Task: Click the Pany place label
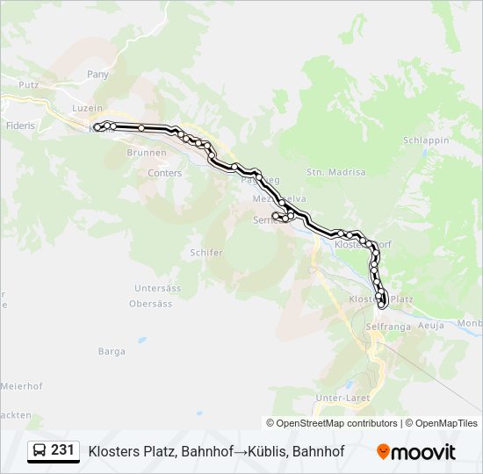tap(97, 75)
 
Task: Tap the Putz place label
tap(29, 85)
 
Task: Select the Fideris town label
tap(18, 126)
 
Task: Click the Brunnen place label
tap(146, 153)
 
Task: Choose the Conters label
tap(165, 173)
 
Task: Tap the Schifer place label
tap(206, 252)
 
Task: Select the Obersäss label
tap(150, 304)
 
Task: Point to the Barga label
tap(112, 351)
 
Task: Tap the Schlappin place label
tap(426, 140)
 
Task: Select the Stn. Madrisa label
tap(335, 172)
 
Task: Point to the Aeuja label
tap(433, 325)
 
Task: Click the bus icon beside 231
tap(40, 450)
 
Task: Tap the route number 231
tap(62, 450)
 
